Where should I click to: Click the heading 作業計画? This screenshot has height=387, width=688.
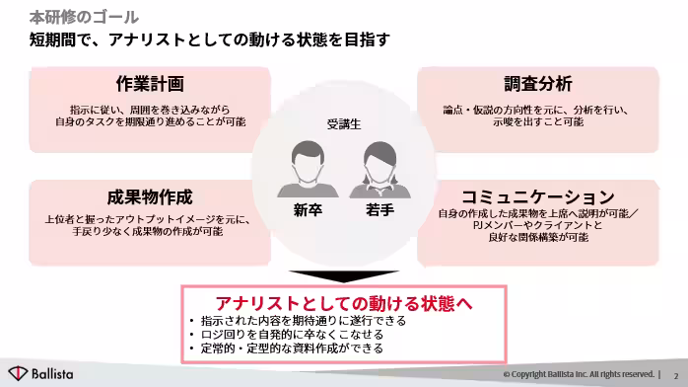[x=150, y=85]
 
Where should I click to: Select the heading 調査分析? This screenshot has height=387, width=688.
[x=538, y=85]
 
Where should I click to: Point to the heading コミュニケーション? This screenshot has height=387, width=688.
[x=538, y=195]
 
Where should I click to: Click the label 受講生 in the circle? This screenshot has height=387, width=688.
[x=344, y=124]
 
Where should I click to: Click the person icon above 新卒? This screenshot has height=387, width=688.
[x=308, y=170]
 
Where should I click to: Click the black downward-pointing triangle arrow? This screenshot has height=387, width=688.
[x=344, y=275]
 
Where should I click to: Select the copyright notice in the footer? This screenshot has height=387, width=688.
[x=578, y=375]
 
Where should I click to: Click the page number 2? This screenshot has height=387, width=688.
[x=676, y=375]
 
